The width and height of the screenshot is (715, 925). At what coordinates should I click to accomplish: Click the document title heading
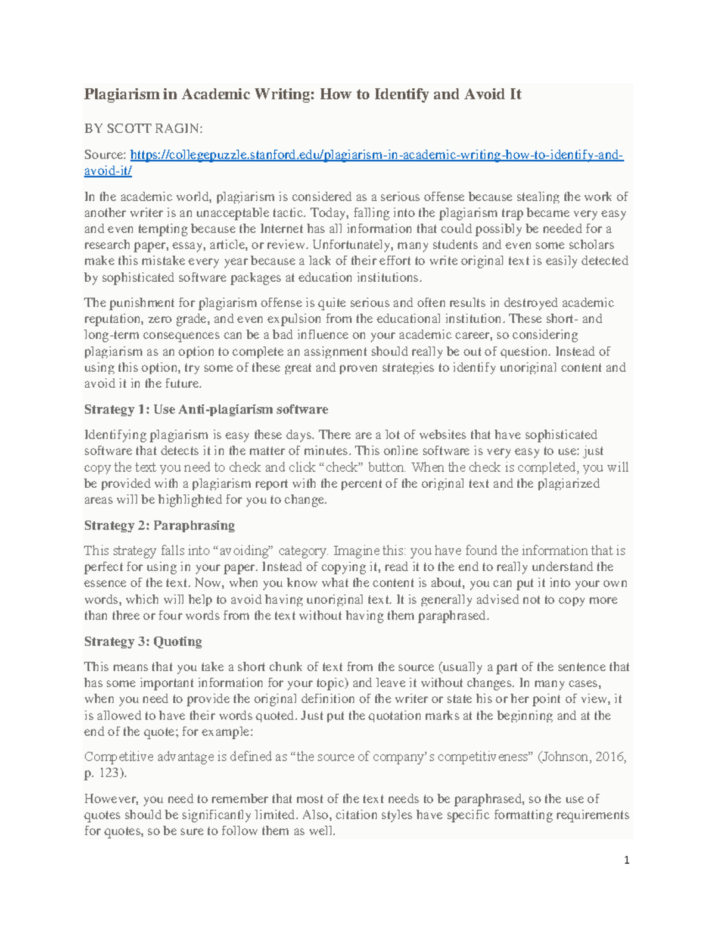302,94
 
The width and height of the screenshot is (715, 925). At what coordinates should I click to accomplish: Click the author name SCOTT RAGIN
155,129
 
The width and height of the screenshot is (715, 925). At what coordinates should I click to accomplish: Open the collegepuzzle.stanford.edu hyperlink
377,155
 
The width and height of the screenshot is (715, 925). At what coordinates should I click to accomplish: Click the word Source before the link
104,155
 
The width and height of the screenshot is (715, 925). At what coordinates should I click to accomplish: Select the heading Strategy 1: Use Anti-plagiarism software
206,410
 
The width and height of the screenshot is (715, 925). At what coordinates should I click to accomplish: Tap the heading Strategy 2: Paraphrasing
159,525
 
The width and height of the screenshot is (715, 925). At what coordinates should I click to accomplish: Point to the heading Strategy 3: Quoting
142,641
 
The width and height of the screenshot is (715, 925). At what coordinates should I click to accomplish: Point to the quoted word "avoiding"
245,551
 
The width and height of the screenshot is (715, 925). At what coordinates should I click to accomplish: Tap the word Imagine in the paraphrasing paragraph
353,551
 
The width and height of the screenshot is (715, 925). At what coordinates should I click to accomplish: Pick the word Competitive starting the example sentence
117,757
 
